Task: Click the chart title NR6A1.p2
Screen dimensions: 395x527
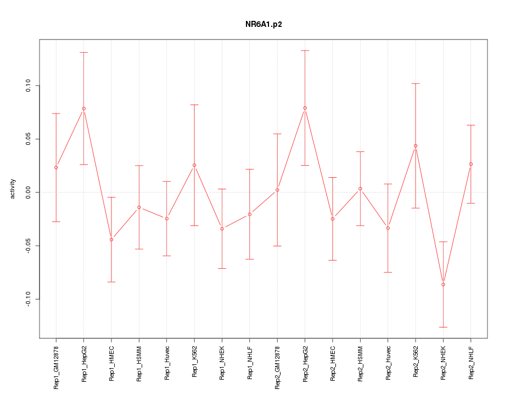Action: (x=263, y=25)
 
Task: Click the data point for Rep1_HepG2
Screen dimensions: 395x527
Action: (x=83, y=109)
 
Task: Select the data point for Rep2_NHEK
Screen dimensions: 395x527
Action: (x=443, y=284)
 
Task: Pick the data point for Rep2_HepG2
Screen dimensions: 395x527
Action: (x=305, y=108)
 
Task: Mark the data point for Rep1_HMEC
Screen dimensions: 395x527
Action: (x=111, y=240)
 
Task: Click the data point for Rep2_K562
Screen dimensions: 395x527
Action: (x=416, y=146)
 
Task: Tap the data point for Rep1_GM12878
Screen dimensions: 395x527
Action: (x=56, y=167)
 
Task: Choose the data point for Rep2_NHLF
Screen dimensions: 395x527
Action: (x=471, y=164)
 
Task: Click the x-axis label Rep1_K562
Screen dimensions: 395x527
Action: (x=194, y=363)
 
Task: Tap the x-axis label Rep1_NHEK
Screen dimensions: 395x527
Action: (x=222, y=363)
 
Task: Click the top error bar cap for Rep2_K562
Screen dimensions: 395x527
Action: (x=416, y=83)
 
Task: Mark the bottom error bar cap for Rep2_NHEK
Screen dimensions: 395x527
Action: (x=443, y=327)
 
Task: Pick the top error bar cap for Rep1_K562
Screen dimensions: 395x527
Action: (x=194, y=104)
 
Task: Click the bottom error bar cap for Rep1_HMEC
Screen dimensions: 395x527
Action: (x=111, y=282)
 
